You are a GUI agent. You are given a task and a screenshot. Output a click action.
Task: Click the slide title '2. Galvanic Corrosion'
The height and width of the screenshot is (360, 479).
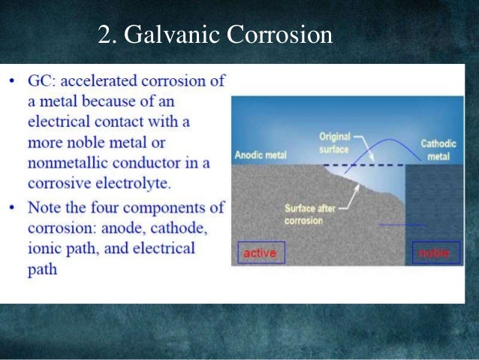point(215,35)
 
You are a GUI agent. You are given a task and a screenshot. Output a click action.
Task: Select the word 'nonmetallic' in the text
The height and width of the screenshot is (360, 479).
point(73,163)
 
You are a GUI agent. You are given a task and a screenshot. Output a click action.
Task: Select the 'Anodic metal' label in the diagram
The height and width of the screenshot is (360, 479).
point(261,156)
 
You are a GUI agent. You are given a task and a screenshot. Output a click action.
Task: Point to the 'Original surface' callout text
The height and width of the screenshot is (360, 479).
point(335,143)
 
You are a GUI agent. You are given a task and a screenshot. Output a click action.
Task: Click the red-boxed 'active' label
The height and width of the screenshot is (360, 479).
point(259,254)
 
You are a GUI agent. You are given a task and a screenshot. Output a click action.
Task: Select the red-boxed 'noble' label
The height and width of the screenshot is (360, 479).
point(432,254)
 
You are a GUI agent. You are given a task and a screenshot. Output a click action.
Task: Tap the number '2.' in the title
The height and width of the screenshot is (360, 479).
point(106,35)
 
